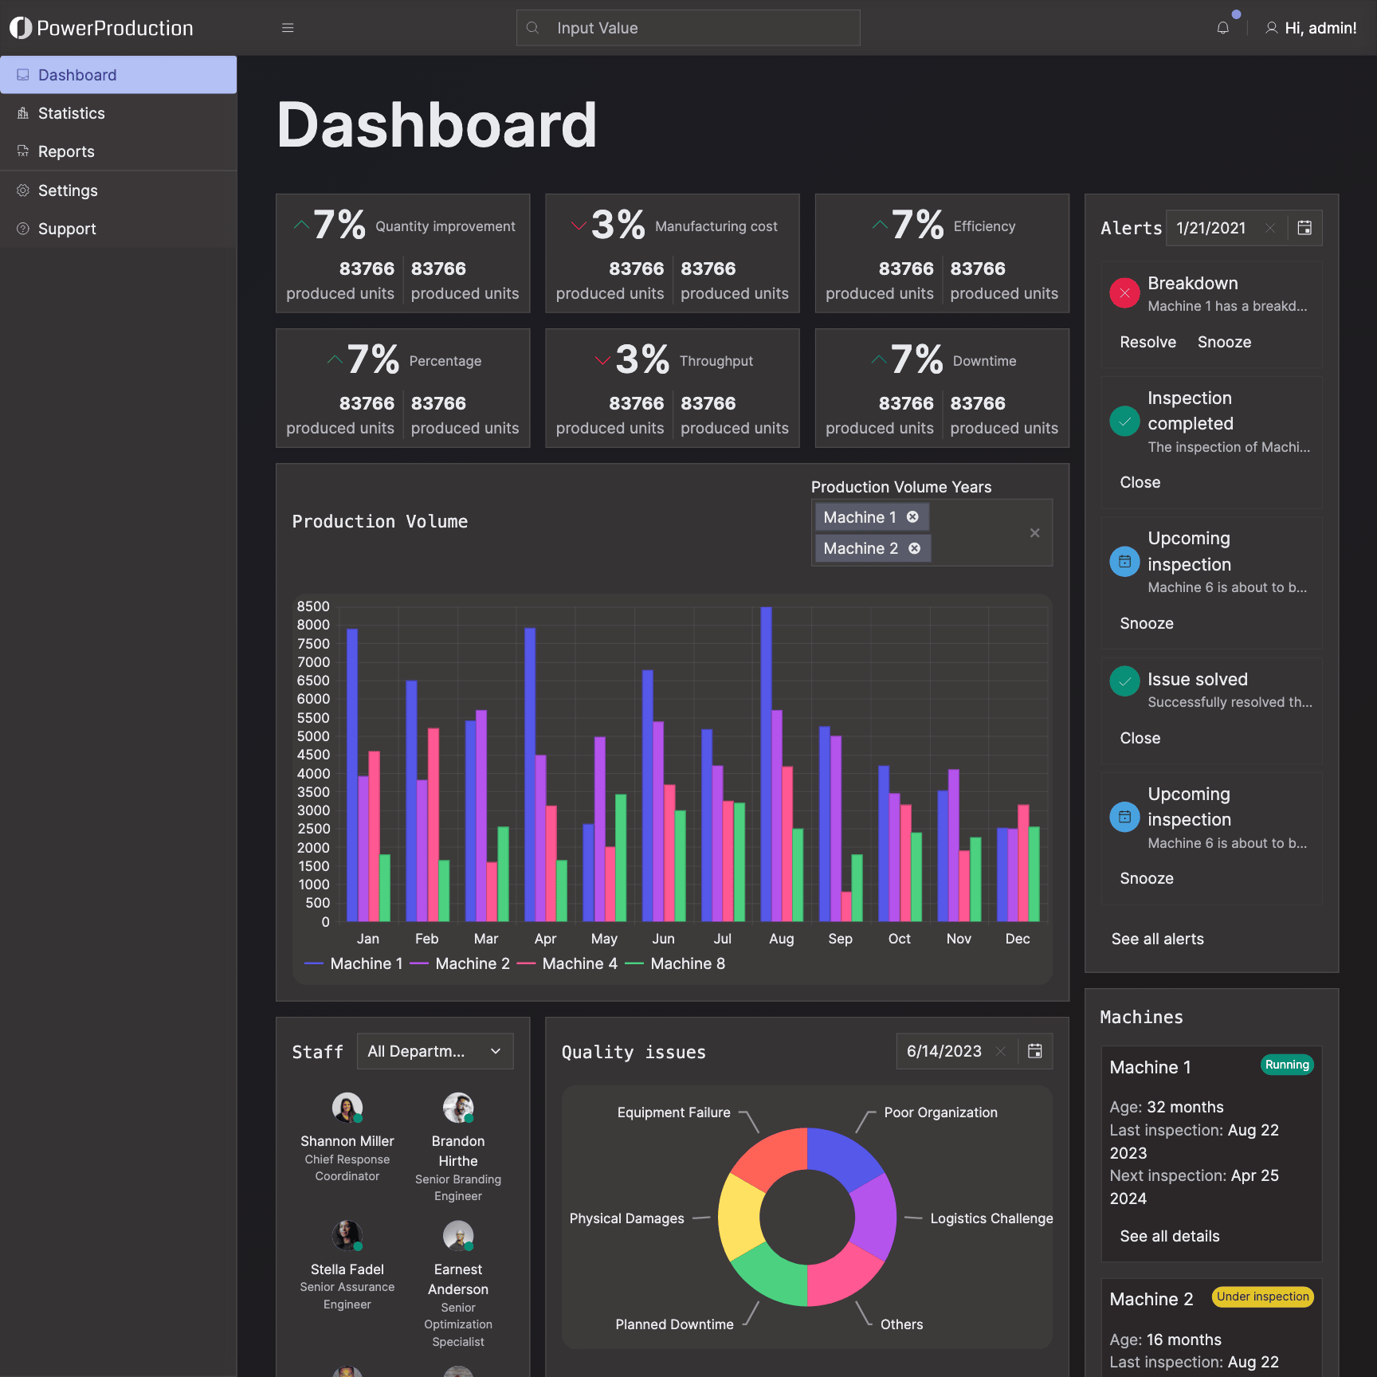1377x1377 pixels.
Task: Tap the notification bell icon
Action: pyautogui.click(x=1222, y=28)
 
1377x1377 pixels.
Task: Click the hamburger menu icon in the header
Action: pyautogui.click(x=288, y=28)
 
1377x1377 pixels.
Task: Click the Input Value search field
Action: pyautogui.click(x=688, y=28)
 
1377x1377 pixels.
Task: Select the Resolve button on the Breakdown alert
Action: pyautogui.click(x=1147, y=342)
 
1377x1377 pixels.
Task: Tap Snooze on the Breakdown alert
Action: pyautogui.click(x=1224, y=342)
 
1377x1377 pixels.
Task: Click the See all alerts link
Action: pyautogui.click(x=1157, y=939)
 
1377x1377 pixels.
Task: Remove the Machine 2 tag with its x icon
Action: pyautogui.click(x=915, y=548)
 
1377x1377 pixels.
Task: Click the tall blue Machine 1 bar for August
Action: pyautogui.click(x=766, y=764)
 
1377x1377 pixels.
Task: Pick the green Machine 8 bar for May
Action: pyautogui.click(x=621, y=857)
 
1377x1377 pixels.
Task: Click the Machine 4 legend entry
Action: pyautogui.click(x=567, y=963)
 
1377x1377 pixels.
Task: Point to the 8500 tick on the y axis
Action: pyautogui.click(x=313, y=606)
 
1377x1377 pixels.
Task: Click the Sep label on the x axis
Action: pyautogui.click(x=840, y=939)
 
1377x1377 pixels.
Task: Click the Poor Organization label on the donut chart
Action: pyautogui.click(x=940, y=1112)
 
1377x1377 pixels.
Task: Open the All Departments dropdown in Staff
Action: pyautogui.click(x=435, y=1051)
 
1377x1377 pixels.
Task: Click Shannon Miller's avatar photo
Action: pyautogui.click(x=347, y=1108)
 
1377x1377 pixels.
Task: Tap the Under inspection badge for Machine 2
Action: pyautogui.click(x=1262, y=1297)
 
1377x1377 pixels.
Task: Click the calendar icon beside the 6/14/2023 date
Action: pyautogui.click(x=1034, y=1051)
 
